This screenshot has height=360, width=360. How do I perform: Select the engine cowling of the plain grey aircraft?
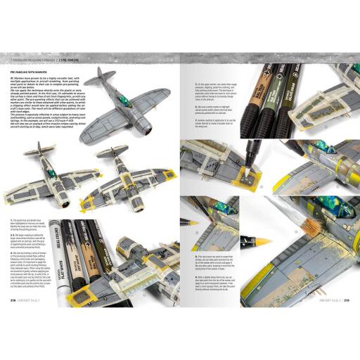click(160, 129)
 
